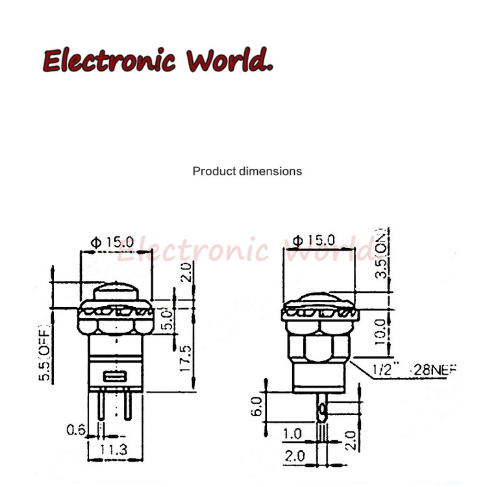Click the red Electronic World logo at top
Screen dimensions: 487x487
pos(158,61)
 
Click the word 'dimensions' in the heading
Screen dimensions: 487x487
pos(269,171)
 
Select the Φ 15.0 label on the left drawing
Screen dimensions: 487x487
pos(112,242)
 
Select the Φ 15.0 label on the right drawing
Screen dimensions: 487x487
pos(314,241)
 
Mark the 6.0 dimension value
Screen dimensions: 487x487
pos(256,407)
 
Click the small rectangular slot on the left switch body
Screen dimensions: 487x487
pos(114,377)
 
